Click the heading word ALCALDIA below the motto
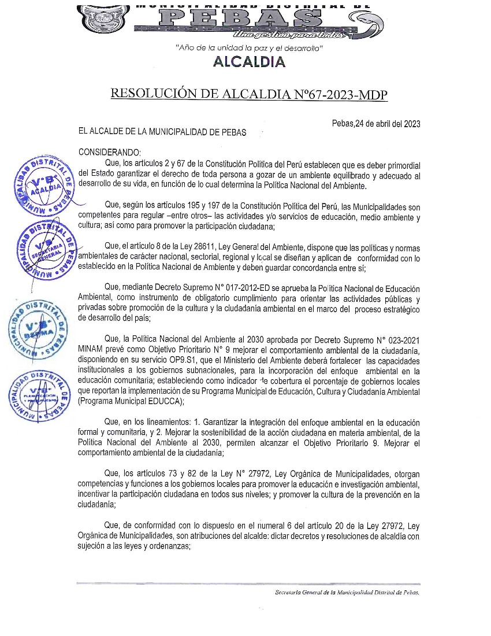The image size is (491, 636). [249, 61]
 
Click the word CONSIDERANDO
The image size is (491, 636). [109, 152]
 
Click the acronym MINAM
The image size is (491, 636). [92, 350]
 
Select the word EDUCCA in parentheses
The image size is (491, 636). [162, 401]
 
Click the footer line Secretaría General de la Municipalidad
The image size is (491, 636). [347, 593]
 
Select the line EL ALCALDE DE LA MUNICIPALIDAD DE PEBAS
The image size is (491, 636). [162, 132]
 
